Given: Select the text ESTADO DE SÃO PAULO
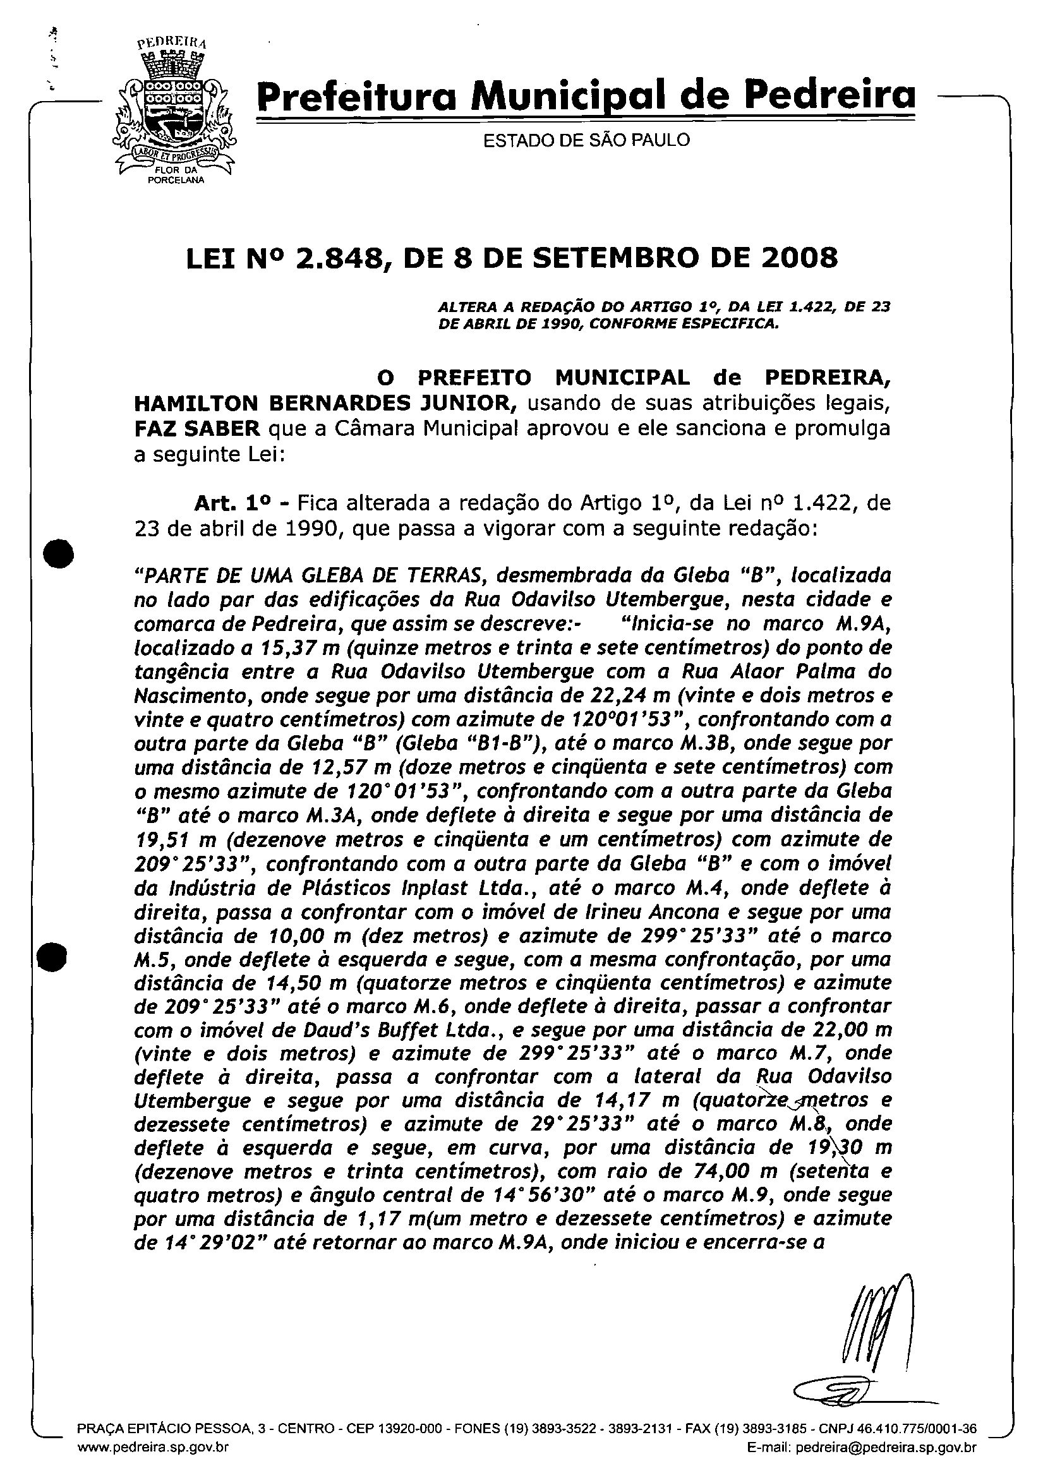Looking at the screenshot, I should point(586,140).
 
